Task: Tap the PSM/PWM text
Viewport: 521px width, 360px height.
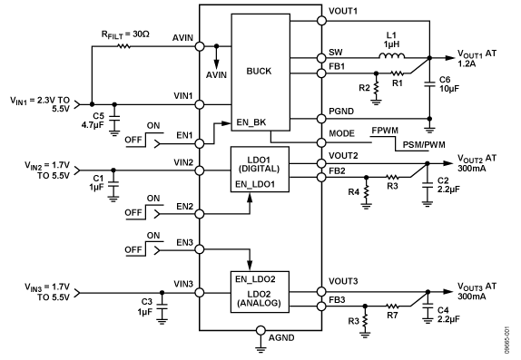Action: pos(416,143)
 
